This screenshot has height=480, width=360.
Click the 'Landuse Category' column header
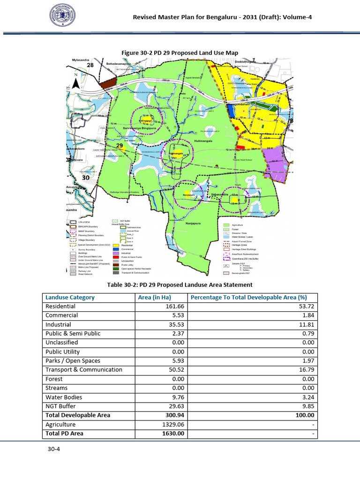[70, 297]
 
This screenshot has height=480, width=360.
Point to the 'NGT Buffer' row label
[60, 406]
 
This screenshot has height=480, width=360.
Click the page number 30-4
[53, 449]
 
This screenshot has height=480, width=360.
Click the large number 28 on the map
[91, 66]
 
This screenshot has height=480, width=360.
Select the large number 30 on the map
[86, 178]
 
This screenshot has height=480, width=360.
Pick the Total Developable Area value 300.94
[172, 415]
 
